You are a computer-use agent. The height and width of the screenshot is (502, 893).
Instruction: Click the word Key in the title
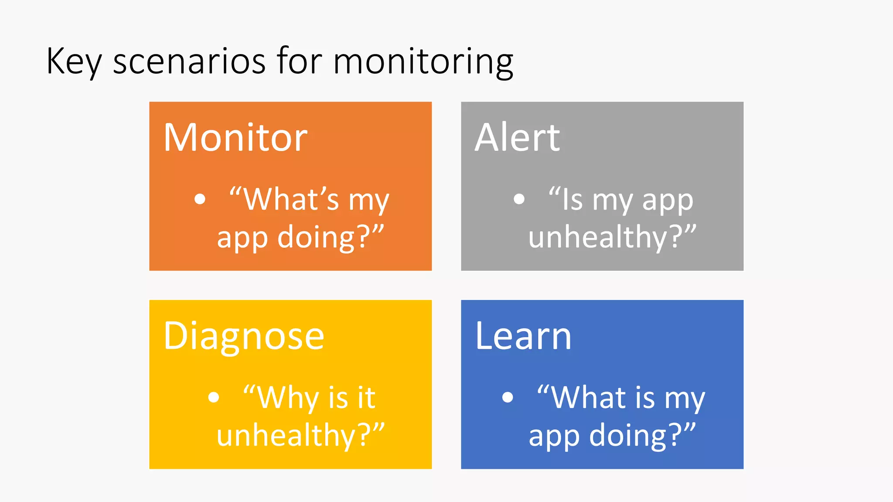[73, 62]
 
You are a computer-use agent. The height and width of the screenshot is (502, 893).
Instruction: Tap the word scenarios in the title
[189, 62]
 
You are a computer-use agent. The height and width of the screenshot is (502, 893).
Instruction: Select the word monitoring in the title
[423, 62]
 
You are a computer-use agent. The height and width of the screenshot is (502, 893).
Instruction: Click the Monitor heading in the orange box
[235, 138]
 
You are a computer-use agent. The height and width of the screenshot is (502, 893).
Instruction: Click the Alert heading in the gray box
[517, 138]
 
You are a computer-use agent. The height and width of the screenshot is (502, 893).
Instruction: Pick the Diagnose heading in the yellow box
[244, 336]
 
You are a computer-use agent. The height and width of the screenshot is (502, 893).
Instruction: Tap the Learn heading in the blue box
[523, 336]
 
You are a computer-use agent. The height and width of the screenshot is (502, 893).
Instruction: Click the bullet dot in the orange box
[200, 199]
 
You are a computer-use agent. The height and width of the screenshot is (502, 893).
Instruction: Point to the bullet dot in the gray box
[519, 199]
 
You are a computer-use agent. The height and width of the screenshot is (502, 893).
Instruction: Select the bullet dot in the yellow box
[213, 397]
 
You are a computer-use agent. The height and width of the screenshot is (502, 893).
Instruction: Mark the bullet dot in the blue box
[507, 397]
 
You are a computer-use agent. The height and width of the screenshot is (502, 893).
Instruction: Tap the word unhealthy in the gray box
[597, 237]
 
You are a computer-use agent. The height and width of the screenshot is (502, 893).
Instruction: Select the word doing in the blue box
[628, 435]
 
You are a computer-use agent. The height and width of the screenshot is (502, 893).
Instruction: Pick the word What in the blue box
[589, 397]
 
